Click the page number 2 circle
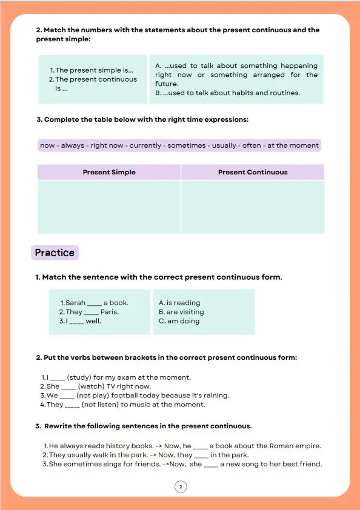tap(181, 487)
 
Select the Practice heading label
tap(55, 253)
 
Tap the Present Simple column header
tap(109, 172)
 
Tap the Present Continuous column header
tap(253, 172)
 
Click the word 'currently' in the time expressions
tap(145, 146)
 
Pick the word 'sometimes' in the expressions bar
tap(187, 146)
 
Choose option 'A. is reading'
tap(179, 303)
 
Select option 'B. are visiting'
tap(181, 312)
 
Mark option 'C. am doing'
tap(179, 321)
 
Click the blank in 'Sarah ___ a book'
tap(95, 305)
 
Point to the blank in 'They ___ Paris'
tap(91, 314)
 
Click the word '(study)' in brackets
tap(79, 377)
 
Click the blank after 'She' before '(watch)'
tap(68, 388)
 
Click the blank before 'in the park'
tap(201, 457)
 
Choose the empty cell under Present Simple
tap(109, 207)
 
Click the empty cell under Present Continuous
tap(253, 207)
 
